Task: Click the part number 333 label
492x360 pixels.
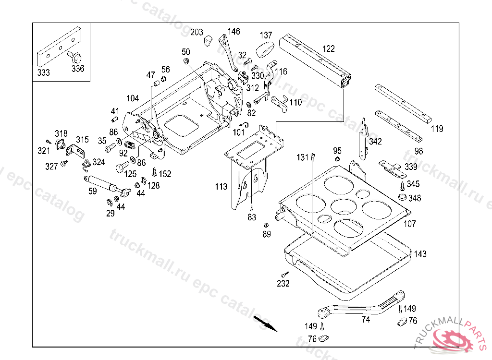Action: [43, 72]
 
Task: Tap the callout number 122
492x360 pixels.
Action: [329, 49]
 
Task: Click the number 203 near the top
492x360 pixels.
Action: [197, 32]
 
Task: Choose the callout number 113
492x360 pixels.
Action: [221, 187]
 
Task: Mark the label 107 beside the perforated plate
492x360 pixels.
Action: [409, 224]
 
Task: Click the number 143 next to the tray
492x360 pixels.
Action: [420, 254]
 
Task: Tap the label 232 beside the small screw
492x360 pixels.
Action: [283, 284]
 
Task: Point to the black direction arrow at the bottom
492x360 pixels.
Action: [266, 323]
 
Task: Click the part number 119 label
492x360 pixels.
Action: [437, 129]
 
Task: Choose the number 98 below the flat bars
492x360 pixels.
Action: [419, 151]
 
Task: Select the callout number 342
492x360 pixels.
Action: [376, 142]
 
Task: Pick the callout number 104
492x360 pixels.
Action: [133, 98]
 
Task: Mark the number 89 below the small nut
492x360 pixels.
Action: [267, 234]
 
